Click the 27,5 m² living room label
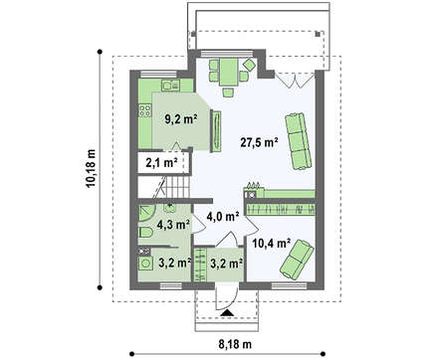pos(259,142)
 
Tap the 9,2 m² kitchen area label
pos(181,118)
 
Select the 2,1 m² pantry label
pos(161,162)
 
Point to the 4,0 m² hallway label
pos(223,217)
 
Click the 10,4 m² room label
pos(272,243)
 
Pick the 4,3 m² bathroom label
pos(173,225)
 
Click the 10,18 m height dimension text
pos(91,168)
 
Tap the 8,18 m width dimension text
pos(235,344)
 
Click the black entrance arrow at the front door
pos(227,312)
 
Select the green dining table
pos(229,72)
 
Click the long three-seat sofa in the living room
pos(299,141)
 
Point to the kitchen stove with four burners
pos(144,110)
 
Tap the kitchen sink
pos(170,86)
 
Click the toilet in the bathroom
pos(145,232)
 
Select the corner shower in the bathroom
pos(146,213)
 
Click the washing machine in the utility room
pos(145,264)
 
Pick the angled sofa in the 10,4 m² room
pos(297,259)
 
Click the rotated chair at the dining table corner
pos(249,64)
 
